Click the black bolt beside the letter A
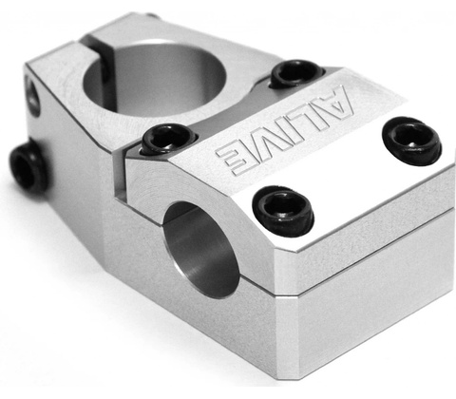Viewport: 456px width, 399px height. click(296, 74)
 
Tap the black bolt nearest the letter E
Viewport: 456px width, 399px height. click(169, 140)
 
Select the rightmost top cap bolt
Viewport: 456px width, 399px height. click(411, 141)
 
